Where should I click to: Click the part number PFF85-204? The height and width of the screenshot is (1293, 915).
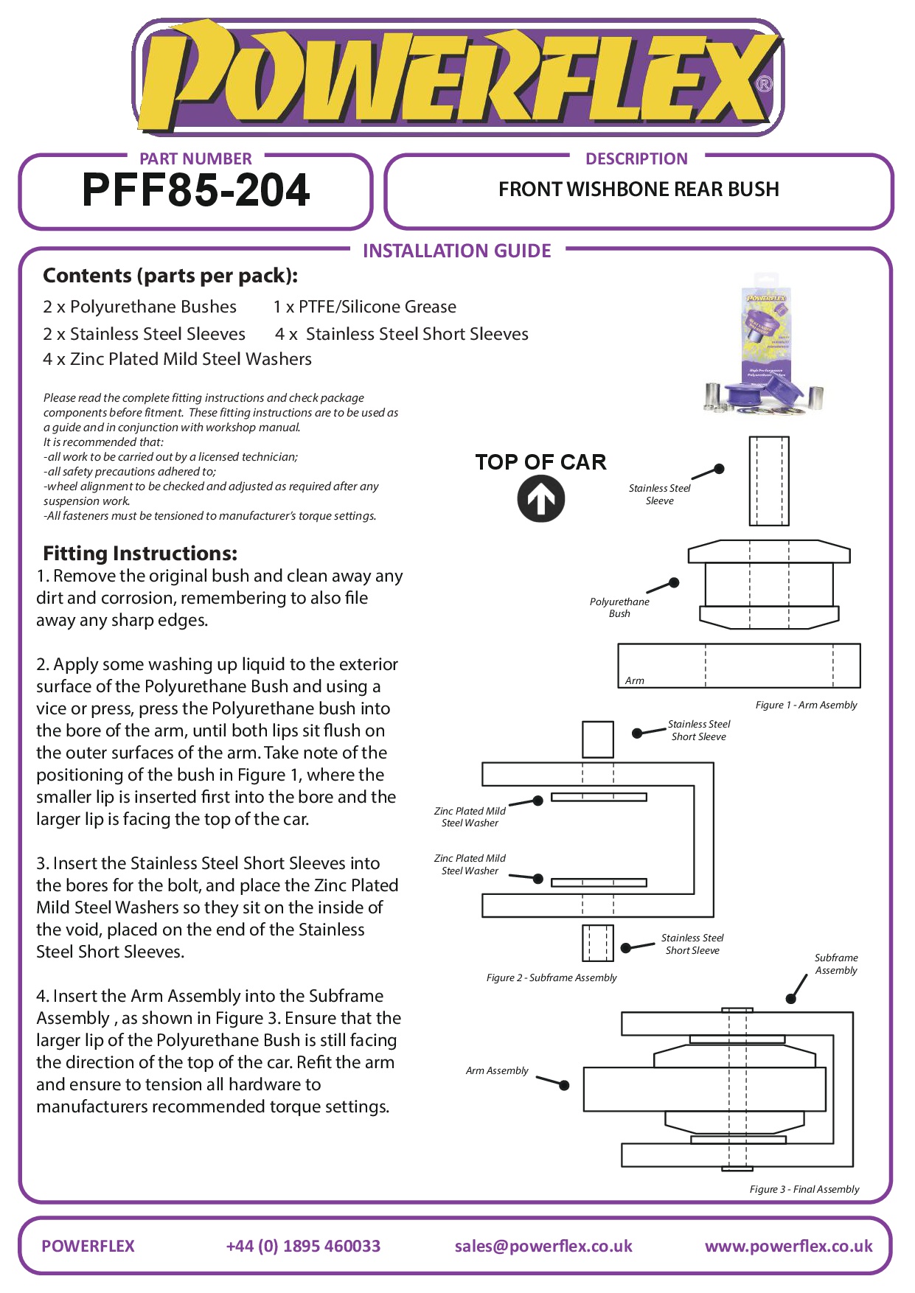tap(195, 190)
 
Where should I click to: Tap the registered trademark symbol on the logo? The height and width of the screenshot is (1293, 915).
tap(764, 84)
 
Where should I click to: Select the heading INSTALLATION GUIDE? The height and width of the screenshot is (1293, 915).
tap(456, 251)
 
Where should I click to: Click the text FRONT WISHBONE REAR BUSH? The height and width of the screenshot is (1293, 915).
tap(639, 189)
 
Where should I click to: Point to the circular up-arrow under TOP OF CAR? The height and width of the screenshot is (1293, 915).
tap(540, 500)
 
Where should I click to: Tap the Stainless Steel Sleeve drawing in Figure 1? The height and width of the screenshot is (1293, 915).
tap(769, 481)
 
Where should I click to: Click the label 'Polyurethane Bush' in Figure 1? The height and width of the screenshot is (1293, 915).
tap(619, 607)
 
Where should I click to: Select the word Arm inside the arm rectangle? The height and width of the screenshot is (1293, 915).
tap(634, 680)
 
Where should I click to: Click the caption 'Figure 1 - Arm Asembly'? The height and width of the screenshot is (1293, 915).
tap(806, 705)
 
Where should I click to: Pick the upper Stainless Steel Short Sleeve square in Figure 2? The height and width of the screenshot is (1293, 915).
tap(597, 739)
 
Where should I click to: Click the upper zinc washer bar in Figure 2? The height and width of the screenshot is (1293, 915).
tap(599, 797)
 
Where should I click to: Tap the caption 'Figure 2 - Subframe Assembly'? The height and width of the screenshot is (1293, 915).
tap(552, 977)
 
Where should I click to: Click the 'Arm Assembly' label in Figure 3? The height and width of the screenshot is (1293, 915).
tap(497, 1070)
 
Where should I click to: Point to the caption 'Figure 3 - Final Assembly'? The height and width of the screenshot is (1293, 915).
tap(804, 1189)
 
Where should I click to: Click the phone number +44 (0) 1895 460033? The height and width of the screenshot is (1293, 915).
tap(303, 1246)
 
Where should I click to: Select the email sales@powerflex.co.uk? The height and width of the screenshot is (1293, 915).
tap(543, 1246)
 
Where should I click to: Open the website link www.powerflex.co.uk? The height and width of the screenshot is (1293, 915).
tap(788, 1246)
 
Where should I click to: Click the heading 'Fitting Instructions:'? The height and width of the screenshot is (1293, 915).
tap(140, 554)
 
